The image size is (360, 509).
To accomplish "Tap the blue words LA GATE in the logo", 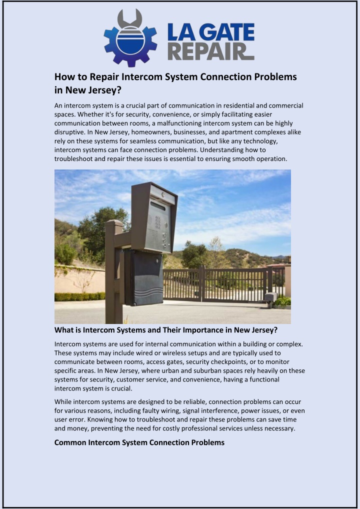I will (x=210, y=33).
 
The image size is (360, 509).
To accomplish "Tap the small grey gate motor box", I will (x=270, y=296).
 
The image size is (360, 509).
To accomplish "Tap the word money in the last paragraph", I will (x=73, y=429).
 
